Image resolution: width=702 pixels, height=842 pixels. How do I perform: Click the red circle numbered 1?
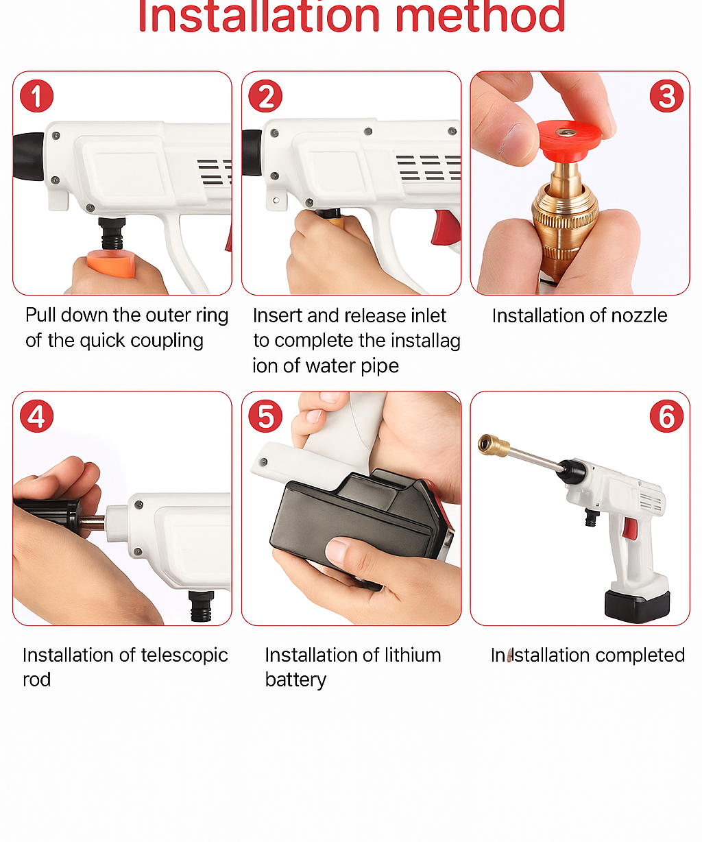coord(36,96)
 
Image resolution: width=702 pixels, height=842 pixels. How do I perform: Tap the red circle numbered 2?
coord(265,96)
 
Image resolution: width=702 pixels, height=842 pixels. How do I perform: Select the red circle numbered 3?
coord(666,96)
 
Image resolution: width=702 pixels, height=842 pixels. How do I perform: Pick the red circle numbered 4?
coord(36,416)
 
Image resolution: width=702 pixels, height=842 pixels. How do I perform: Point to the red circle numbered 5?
coord(265,416)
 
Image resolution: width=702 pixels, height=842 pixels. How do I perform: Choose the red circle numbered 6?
coord(666,416)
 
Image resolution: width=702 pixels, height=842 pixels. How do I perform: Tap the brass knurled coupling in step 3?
coord(565,213)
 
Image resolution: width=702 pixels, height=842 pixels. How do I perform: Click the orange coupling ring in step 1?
coord(111,265)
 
